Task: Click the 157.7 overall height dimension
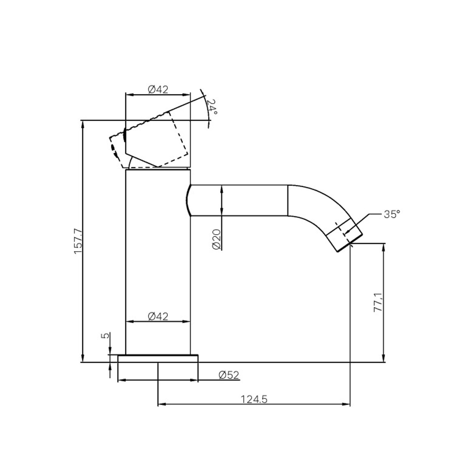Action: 78,241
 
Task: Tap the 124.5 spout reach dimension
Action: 254,399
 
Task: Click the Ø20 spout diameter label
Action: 217,239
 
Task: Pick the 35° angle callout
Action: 392,214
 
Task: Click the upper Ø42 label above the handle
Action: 158,89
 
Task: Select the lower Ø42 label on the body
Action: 158,316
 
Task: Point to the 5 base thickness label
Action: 106,335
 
